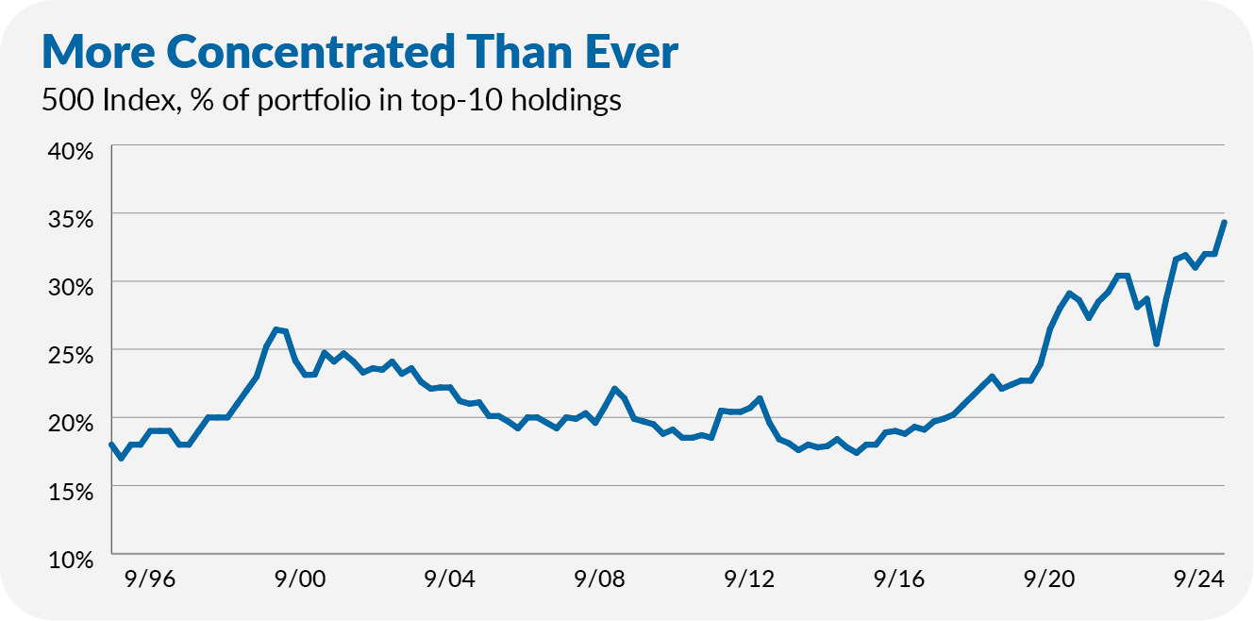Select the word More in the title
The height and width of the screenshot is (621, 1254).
tap(97, 53)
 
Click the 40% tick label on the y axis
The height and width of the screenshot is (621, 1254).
tap(67, 151)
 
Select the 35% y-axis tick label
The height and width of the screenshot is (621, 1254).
tap(67, 219)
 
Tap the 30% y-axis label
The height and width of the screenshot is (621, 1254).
tap(67, 287)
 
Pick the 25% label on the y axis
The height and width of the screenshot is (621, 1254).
tap(67, 355)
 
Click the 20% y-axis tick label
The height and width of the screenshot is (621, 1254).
tap(67, 423)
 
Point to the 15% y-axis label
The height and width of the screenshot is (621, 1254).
tap(67, 491)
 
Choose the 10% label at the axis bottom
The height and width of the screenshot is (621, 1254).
tap(67, 559)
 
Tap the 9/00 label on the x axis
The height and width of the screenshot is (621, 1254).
tap(300, 579)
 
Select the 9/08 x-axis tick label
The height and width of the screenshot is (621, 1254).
tap(600, 579)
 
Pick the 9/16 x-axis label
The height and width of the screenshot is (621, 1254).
tap(900, 579)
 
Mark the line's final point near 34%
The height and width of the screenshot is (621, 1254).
tap(1224, 222)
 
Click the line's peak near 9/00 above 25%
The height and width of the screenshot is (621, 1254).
tap(276, 329)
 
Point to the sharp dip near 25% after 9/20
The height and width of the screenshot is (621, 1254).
tap(1156, 344)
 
